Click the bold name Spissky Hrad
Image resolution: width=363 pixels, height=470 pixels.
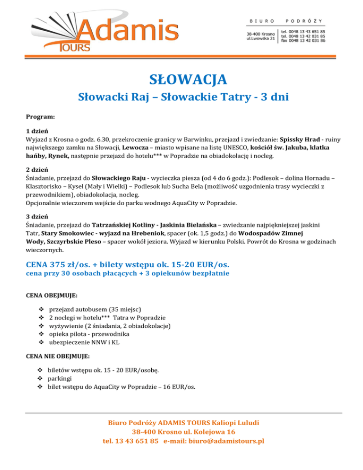tap(301, 140)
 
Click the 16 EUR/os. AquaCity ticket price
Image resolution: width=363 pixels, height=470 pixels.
tap(180, 387)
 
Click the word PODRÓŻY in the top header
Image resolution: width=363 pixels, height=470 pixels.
tap(305, 21)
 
